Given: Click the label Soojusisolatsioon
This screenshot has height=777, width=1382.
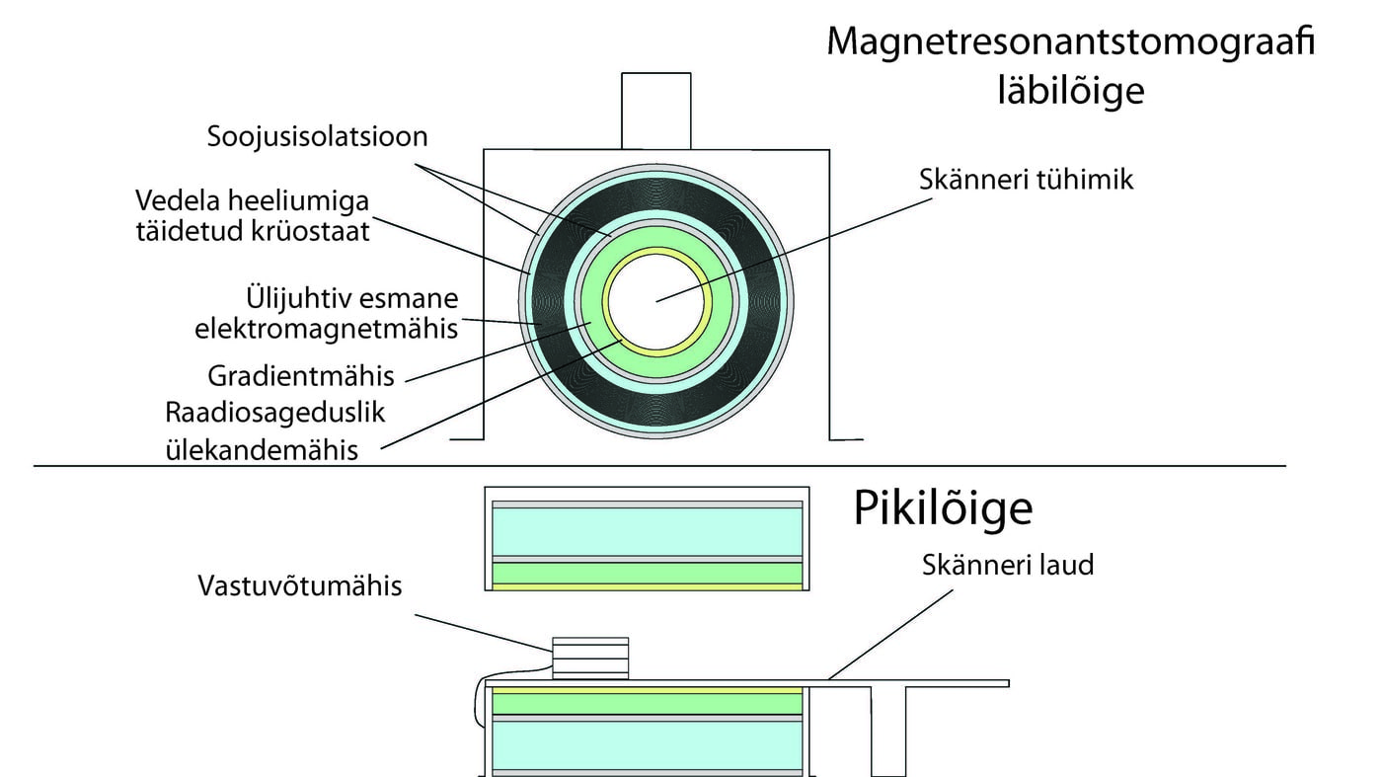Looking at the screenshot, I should coord(317,136).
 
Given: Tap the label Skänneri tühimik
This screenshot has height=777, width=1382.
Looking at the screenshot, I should coord(1027,180).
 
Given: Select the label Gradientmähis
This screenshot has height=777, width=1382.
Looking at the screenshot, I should coord(301,376).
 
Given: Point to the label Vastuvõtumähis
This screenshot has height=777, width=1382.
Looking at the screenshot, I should coord(300,585).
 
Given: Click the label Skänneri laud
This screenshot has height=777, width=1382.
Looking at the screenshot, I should coord(1008,566).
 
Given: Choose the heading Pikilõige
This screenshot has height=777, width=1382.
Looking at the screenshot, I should coord(943,508).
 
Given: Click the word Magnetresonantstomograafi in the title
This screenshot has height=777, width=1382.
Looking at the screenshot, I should coord(1070,42).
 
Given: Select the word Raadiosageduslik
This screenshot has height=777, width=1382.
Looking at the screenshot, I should coord(276,413).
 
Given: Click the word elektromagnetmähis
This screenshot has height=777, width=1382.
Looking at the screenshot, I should coord(327,329).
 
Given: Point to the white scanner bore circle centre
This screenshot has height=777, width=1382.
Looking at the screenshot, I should coord(656,300).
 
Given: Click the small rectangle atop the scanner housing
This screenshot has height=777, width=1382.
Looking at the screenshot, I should coord(655,111).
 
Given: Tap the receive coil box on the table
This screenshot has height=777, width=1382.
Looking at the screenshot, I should coord(589,658).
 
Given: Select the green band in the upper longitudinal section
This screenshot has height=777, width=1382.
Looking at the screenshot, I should coord(647,573).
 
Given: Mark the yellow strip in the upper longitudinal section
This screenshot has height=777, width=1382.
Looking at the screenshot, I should coord(647,586).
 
